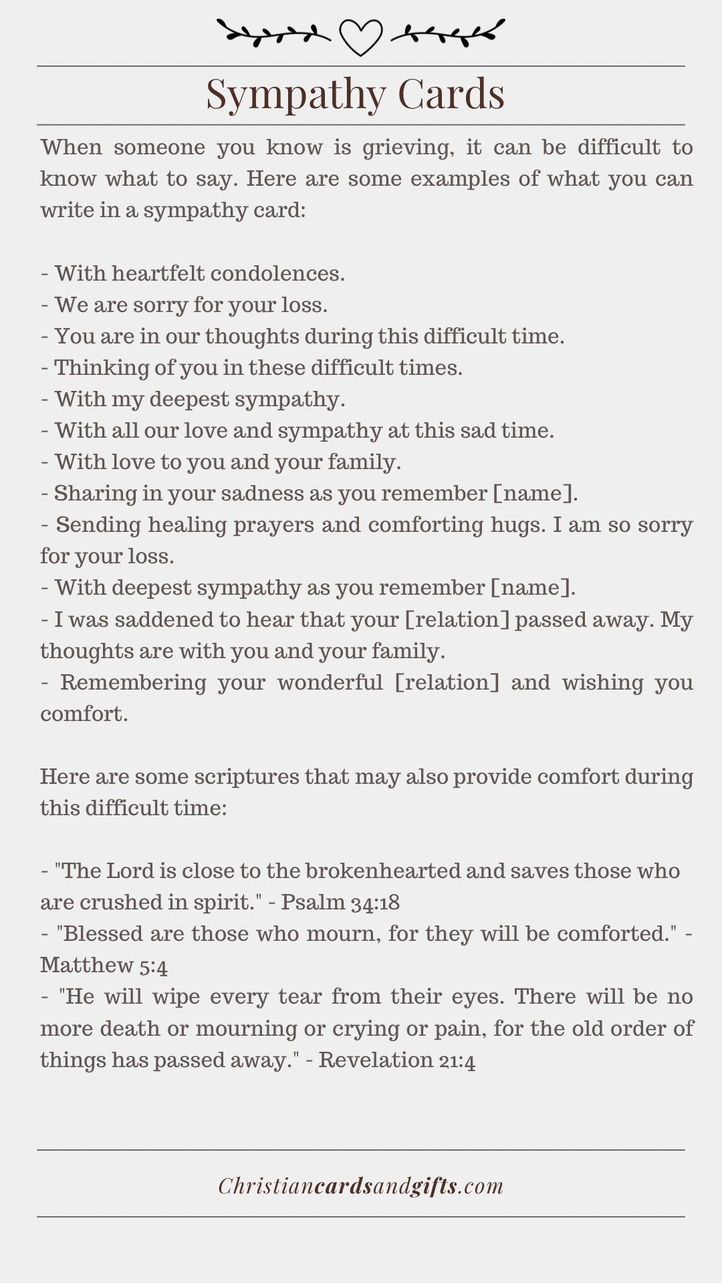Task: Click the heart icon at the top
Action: tap(360, 36)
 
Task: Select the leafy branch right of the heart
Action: tap(448, 32)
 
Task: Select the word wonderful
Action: tap(330, 682)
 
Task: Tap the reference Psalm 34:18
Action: tap(340, 902)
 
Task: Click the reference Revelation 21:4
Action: tap(397, 1060)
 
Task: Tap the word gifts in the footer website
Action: tap(435, 1186)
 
